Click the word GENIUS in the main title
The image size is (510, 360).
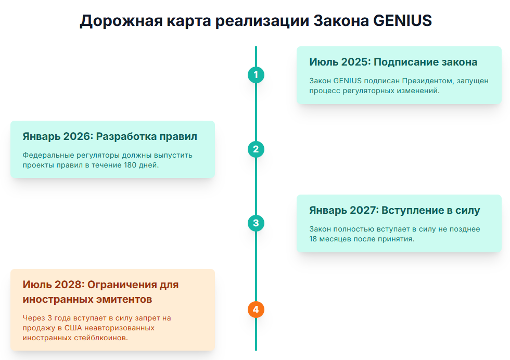402,20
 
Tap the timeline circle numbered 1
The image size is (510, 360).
256,75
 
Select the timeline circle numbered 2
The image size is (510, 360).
256,149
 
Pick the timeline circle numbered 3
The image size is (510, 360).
256,223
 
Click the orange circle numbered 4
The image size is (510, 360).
256,310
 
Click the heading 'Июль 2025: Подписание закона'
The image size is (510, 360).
393,62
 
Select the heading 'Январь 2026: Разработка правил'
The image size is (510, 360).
110,136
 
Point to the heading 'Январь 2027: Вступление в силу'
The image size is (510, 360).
394,210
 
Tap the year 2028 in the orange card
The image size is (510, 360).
68,285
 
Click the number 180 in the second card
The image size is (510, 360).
130,165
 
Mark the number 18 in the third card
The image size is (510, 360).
313,239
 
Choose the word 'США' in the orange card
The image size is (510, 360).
73,328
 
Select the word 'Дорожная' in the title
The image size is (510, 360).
121,21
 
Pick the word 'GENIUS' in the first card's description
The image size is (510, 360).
348,81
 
